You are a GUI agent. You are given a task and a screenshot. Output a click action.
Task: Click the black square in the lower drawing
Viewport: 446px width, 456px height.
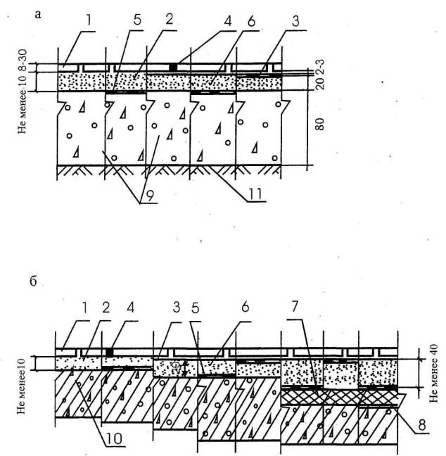coord(109,350)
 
